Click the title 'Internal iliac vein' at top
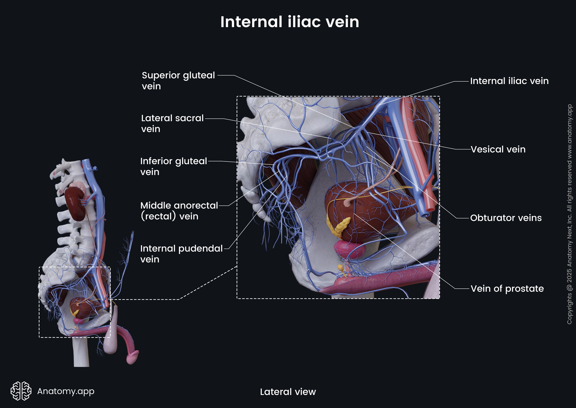pos(289,22)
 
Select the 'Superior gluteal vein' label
pos(178,80)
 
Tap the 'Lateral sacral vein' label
pos(172,123)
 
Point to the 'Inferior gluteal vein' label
pos(173,166)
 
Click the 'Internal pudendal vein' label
pos(181,254)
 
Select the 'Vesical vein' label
pos(498,150)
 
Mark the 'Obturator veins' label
pos(506,218)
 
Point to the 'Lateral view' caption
pos(288,392)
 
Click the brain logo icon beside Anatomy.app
pos(21,391)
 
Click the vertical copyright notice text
pos(569,214)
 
